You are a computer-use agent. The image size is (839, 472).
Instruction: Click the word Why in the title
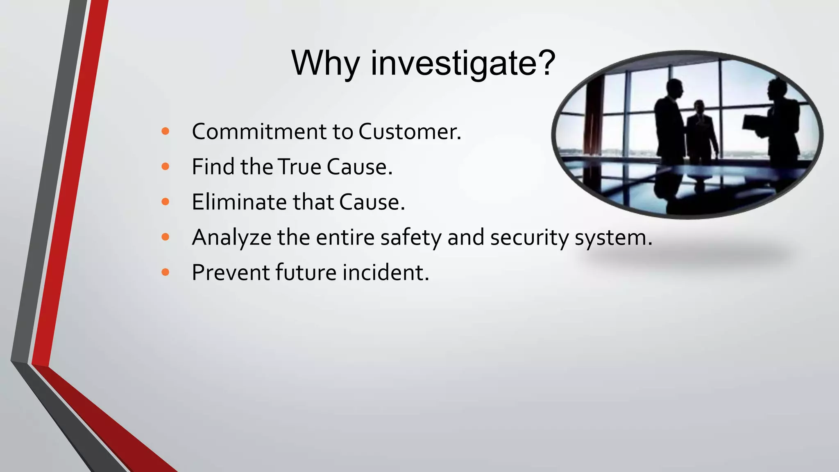pos(325,64)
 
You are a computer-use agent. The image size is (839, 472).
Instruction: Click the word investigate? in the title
pos(463,64)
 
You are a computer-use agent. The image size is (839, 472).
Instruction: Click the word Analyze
pos(231,238)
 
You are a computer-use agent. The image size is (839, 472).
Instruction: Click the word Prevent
pos(230,272)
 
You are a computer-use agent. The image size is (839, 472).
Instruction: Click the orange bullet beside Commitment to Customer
pos(166,132)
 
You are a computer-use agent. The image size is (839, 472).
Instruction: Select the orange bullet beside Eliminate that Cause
pos(166,202)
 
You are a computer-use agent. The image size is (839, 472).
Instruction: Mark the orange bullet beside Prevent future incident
pos(166,272)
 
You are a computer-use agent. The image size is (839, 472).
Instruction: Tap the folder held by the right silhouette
pos(754,125)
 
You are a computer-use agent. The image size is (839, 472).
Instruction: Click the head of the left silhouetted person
pos(674,88)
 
